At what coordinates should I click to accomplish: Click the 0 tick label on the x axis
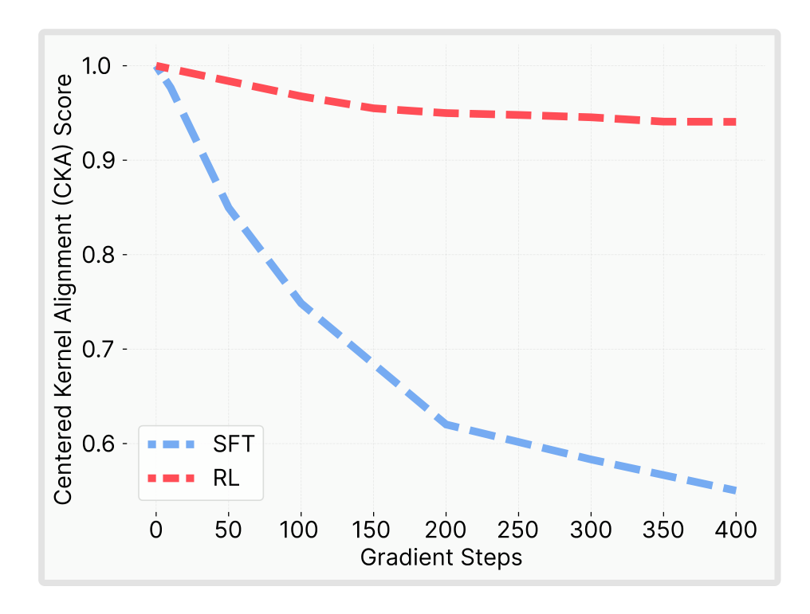(x=156, y=528)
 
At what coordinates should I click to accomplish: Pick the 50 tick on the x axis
(x=229, y=528)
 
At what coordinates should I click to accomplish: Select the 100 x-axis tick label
(x=301, y=528)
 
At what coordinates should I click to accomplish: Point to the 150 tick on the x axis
(x=374, y=528)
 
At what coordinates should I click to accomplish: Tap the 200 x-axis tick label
(x=446, y=528)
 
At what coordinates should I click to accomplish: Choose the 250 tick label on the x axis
(x=519, y=528)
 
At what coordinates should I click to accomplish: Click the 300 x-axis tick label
(x=591, y=528)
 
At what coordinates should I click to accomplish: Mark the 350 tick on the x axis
(x=663, y=528)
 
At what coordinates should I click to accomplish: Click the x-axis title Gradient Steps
(x=441, y=557)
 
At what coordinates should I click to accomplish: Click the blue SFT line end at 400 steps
(x=734, y=491)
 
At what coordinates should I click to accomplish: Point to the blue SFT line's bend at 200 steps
(x=446, y=424)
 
